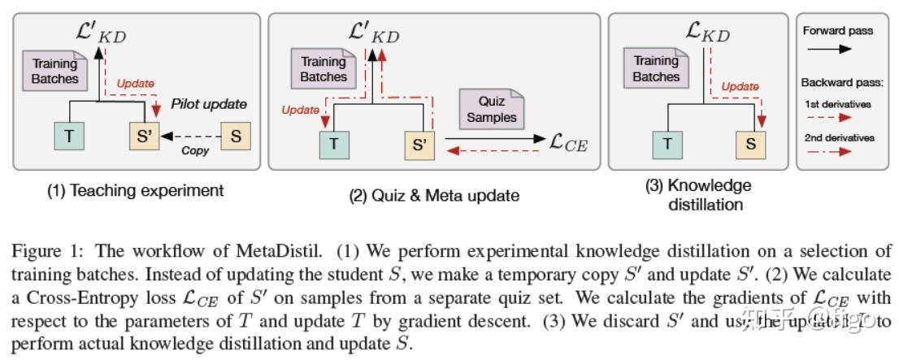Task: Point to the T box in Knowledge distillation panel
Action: pos(668,145)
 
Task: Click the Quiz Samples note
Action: pos(491,109)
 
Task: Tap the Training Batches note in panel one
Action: pos(56,71)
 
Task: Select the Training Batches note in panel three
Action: pos(656,69)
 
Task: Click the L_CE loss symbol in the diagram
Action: pos(568,145)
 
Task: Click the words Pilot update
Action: pos(209,104)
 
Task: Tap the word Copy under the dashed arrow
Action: pos(195,150)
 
